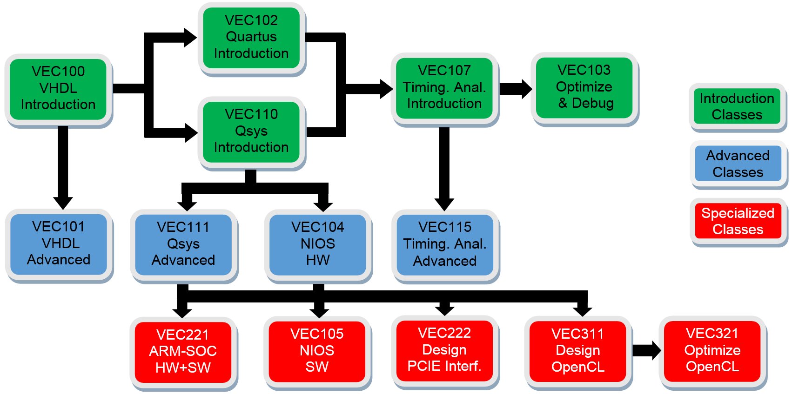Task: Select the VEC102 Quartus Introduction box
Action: (x=251, y=38)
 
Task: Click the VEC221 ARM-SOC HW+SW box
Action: (x=183, y=352)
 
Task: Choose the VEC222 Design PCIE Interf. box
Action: (x=445, y=351)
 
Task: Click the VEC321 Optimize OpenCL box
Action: (x=712, y=351)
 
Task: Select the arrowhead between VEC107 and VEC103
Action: (x=527, y=89)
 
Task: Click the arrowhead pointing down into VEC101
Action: (x=63, y=204)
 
